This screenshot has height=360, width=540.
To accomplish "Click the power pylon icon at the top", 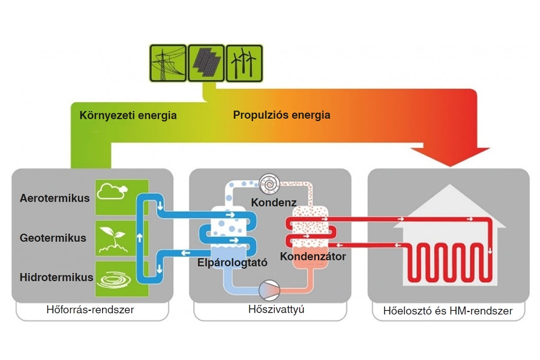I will (168, 63).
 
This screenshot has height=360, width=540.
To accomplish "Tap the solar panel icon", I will (206, 63).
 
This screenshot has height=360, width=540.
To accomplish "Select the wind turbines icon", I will (244, 63).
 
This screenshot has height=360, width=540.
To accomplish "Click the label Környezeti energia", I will (128, 115).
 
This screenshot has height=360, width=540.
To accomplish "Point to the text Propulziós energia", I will (281, 115).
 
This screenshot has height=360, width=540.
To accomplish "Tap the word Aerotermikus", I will (55, 198).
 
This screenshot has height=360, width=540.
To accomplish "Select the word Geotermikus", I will (53, 238).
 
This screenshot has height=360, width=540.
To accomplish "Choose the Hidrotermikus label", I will (56, 277).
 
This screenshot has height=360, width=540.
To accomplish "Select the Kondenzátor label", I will (313, 256).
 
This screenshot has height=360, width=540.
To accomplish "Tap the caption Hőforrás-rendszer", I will (90, 310).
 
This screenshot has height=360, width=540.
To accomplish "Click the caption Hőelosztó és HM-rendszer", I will (447, 311).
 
